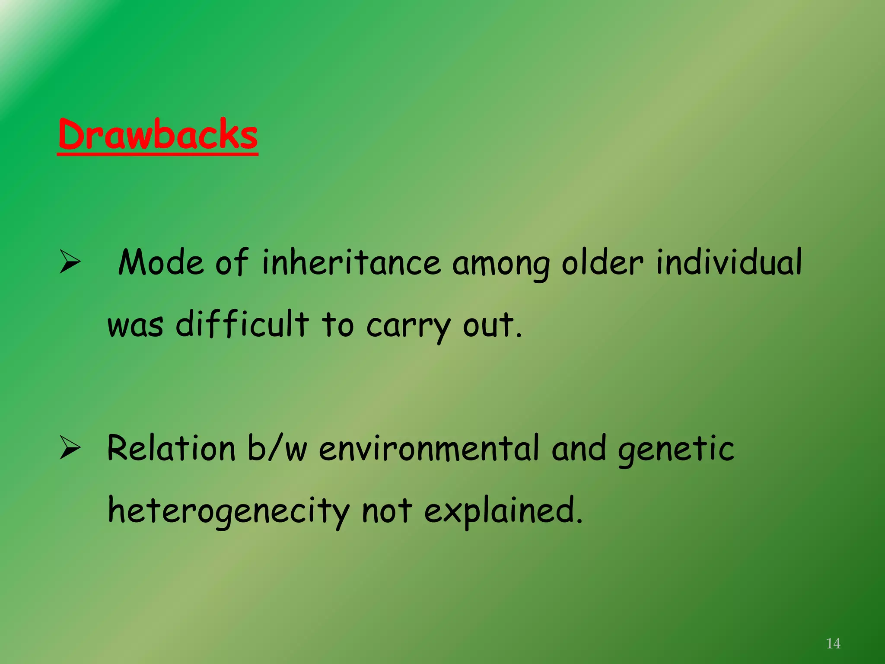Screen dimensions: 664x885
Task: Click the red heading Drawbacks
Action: coord(158,134)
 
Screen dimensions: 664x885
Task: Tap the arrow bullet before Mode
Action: coord(70,262)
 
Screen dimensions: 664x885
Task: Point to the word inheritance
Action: coord(351,263)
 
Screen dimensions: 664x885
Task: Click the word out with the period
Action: coord(492,325)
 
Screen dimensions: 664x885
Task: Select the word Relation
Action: coord(171,448)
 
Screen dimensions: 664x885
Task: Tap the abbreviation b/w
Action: coord(277,448)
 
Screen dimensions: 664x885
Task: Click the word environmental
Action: coord(430,448)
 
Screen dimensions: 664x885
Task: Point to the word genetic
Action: coord(676,450)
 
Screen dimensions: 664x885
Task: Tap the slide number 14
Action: coord(833,644)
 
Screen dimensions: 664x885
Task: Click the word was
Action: coord(135,326)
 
